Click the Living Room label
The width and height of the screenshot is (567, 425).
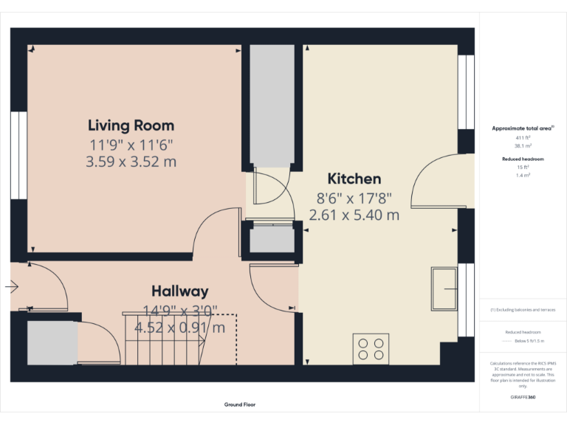pyautogui.click(x=131, y=125)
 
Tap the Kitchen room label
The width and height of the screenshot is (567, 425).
pyautogui.click(x=354, y=179)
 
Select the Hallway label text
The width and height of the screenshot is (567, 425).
pyautogui.click(x=179, y=291)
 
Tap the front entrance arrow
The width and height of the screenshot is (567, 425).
pyautogui.click(x=13, y=286)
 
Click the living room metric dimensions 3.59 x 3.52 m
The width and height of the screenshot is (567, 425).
pyautogui.click(x=131, y=162)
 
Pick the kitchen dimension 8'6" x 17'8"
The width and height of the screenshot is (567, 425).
pyautogui.click(x=354, y=198)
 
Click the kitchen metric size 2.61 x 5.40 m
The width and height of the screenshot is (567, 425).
pyautogui.click(x=354, y=215)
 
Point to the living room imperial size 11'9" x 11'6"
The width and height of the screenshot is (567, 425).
pyautogui.click(x=131, y=144)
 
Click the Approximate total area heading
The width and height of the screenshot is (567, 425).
pyautogui.click(x=523, y=128)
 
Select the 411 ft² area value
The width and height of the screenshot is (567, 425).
pyautogui.click(x=523, y=138)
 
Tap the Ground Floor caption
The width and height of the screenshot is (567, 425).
pyautogui.click(x=240, y=404)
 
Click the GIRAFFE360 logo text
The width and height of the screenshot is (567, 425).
pyautogui.click(x=523, y=397)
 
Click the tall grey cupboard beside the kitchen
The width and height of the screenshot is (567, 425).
pyautogui.click(x=271, y=103)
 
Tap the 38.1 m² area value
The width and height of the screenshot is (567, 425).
pyautogui.click(x=523, y=145)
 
